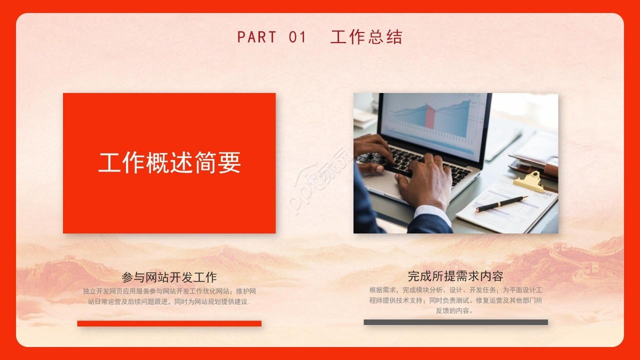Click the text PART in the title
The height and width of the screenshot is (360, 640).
[x=256, y=37]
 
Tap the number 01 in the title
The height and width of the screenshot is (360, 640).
[x=297, y=37]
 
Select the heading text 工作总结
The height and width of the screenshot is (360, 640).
[x=366, y=37]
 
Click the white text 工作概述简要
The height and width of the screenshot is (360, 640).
[x=169, y=162]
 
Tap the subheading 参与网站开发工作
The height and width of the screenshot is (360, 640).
[x=169, y=277]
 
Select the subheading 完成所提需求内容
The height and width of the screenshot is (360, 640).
[x=455, y=276]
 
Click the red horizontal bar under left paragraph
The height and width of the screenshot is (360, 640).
[x=169, y=323]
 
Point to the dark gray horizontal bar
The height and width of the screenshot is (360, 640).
[x=455, y=322]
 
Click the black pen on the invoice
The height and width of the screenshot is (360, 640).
[x=501, y=203]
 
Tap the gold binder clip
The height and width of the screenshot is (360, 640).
[x=528, y=181]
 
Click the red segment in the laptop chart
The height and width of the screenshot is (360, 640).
[x=430, y=117]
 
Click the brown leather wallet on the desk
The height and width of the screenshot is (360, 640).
[x=533, y=165]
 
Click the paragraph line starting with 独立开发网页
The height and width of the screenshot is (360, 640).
[x=169, y=291]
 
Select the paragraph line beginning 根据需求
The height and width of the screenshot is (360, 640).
[x=455, y=290]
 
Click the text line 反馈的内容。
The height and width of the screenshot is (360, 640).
[x=454, y=310]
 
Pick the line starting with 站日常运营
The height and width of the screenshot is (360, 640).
[x=169, y=301]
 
